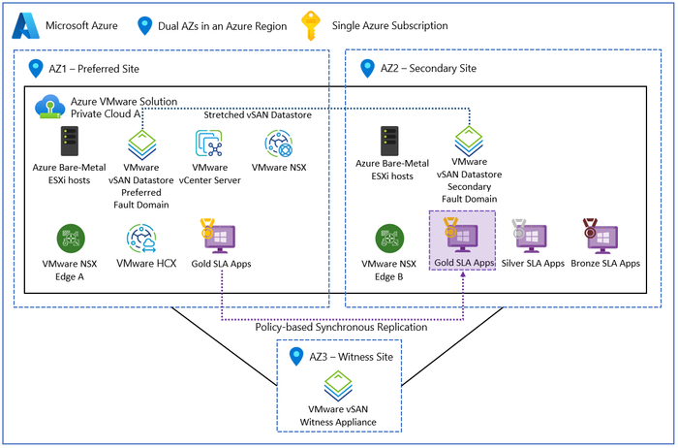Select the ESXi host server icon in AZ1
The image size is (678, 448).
(x=70, y=144)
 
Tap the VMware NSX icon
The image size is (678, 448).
(x=278, y=144)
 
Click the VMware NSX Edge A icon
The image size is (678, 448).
(x=70, y=238)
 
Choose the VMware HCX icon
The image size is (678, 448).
(x=141, y=238)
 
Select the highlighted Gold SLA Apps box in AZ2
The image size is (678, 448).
(x=462, y=240)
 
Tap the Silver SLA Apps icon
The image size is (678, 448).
(x=530, y=238)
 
